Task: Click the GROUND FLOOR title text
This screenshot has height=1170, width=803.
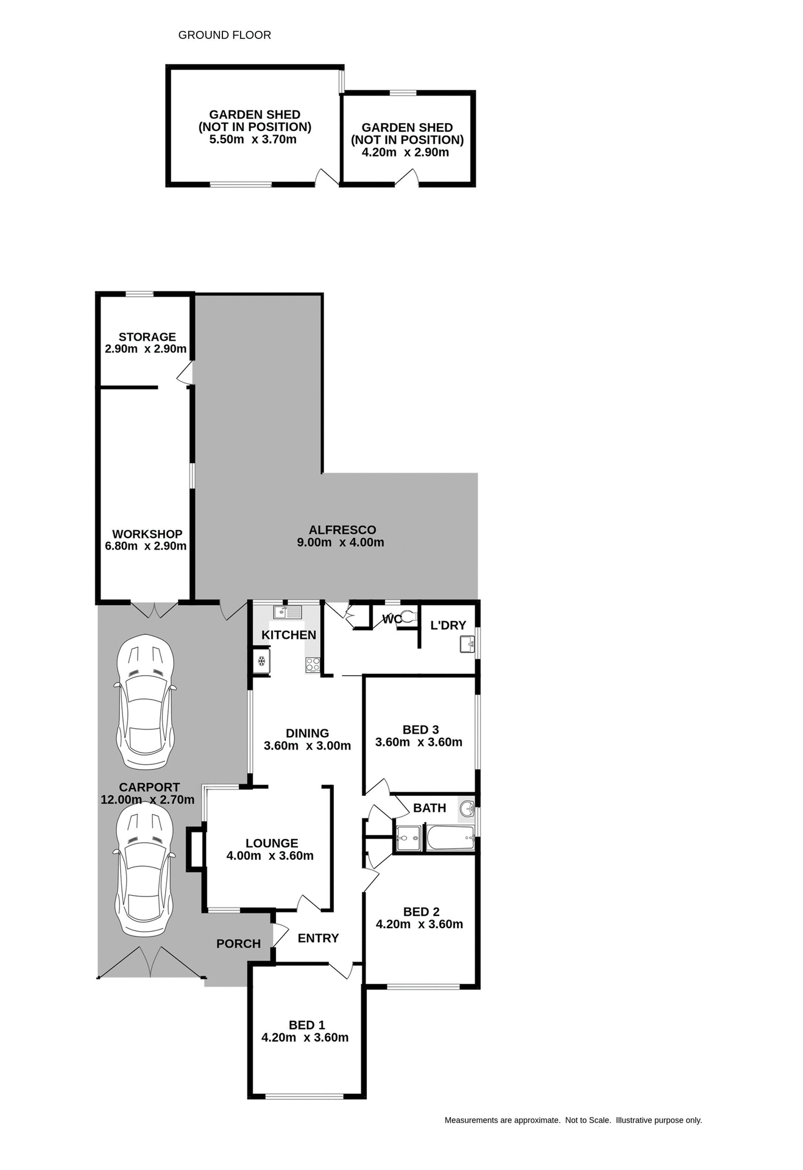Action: click(224, 35)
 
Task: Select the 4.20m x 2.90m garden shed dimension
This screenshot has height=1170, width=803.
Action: click(405, 152)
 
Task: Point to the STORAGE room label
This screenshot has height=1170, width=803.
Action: click(147, 337)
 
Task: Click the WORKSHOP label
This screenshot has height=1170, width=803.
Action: click(147, 534)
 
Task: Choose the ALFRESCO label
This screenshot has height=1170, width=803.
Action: click(342, 530)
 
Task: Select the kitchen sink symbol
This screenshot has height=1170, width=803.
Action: click(287, 612)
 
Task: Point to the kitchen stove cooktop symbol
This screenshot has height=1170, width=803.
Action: click(313, 665)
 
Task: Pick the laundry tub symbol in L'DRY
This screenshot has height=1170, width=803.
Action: click(467, 643)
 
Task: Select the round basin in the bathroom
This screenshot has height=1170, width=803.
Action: click(467, 809)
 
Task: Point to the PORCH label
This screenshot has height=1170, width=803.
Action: click(238, 944)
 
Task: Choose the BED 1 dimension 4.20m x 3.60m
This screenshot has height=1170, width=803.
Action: click(305, 1038)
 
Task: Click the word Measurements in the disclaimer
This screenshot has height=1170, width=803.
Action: click(471, 1120)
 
